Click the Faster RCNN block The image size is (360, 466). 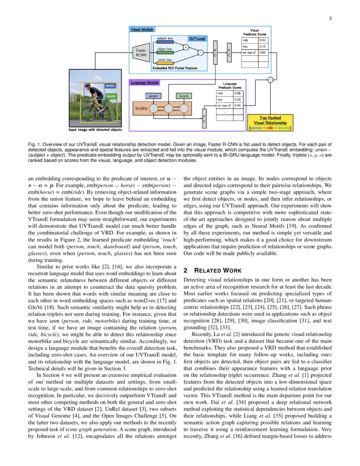[141, 53]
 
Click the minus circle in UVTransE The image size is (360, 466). [200, 53]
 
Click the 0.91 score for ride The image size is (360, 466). [263, 40]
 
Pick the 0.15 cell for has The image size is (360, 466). [263, 47]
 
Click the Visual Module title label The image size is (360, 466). [142, 30]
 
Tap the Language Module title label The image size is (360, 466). [145, 82]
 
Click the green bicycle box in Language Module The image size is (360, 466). [184, 96]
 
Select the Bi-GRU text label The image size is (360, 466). [141, 109]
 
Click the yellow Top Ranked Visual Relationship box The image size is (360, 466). [270, 122]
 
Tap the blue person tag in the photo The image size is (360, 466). [110, 86]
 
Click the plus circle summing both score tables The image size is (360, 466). [270, 80]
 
